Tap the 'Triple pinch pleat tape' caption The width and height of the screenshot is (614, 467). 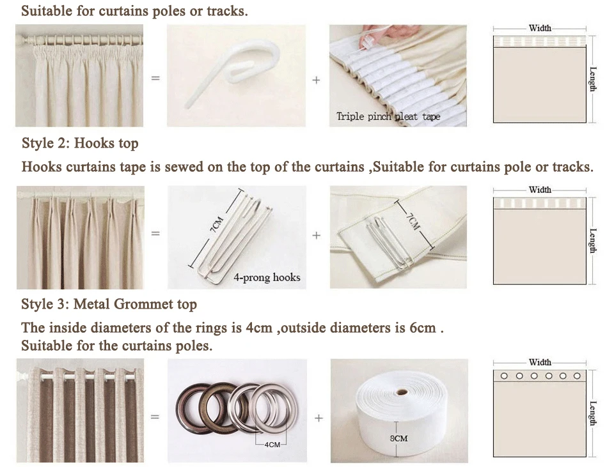pyautogui.click(x=388, y=116)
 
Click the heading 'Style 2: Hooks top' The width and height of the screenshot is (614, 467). pyautogui.click(x=80, y=143)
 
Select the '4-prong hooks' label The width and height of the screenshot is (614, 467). pyautogui.click(x=267, y=277)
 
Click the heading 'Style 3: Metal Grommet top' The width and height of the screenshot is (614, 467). pyautogui.click(x=109, y=304)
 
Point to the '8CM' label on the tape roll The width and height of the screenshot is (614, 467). pyautogui.click(x=398, y=438)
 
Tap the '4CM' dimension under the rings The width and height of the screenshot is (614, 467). pyautogui.click(x=272, y=445)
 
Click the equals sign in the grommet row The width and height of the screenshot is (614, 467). pyautogui.click(x=155, y=417)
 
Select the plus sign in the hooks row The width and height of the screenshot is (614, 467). pyautogui.click(x=317, y=236)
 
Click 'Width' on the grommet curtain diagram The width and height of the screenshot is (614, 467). pyautogui.click(x=540, y=363)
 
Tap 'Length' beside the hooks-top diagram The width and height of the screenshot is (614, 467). pyautogui.click(x=594, y=241)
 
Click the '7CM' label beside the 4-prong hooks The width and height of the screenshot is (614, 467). pyautogui.click(x=217, y=224)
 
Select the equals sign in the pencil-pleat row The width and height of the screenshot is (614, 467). pyautogui.click(x=155, y=78)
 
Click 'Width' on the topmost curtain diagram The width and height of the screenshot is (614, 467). pyautogui.click(x=540, y=28)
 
